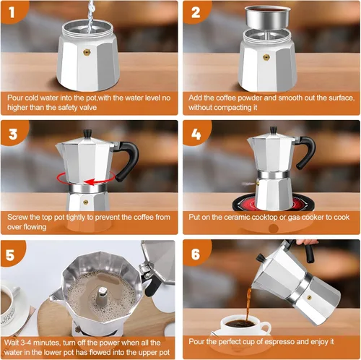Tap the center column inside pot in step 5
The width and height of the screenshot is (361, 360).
click(x=104, y=297)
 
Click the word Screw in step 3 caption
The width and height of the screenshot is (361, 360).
click(x=19, y=218)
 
